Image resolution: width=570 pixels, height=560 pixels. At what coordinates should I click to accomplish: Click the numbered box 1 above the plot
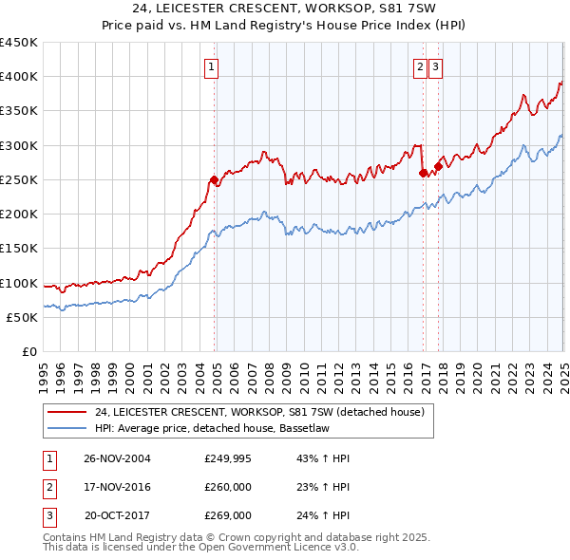[210, 66]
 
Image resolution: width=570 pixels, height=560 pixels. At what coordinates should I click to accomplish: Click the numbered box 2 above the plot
[420, 66]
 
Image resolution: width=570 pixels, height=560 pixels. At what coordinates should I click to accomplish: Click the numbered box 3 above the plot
[435, 66]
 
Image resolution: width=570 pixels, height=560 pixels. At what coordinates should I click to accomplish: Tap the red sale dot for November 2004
[215, 179]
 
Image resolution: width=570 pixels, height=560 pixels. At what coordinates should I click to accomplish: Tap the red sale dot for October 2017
[438, 166]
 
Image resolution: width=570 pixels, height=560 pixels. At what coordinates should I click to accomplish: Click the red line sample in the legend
[66, 412]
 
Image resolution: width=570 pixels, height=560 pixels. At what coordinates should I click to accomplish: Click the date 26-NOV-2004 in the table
[118, 458]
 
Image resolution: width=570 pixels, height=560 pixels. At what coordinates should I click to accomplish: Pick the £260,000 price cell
[228, 487]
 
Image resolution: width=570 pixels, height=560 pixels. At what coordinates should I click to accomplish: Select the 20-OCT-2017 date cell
[118, 515]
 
